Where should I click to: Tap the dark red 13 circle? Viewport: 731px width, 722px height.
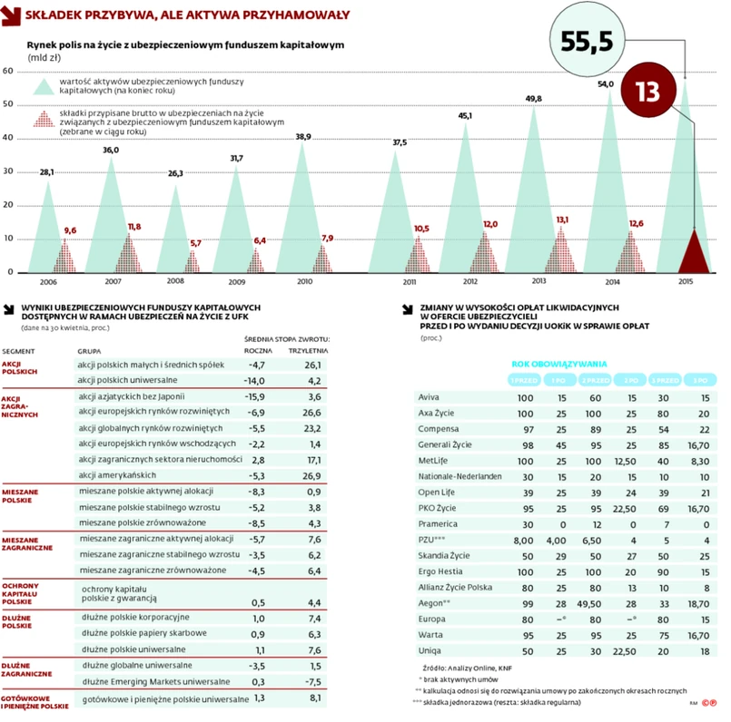tap(647, 93)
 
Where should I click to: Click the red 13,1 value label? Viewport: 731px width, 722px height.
tap(562, 220)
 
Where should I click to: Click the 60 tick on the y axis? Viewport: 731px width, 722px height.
tap(8, 71)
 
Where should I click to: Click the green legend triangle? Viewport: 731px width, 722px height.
tap(42, 87)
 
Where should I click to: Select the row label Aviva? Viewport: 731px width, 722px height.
tap(429, 398)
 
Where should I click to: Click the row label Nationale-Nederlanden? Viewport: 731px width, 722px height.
tap(459, 475)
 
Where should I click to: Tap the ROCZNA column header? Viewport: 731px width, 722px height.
tap(259, 348)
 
